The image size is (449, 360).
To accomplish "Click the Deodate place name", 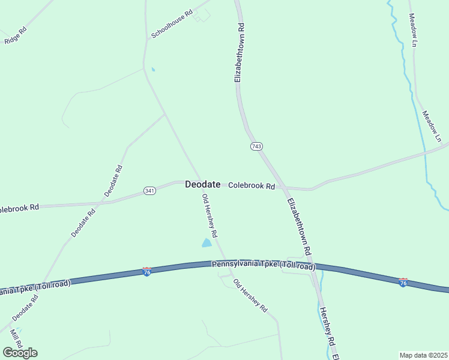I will pyautogui.click(x=203, y=185).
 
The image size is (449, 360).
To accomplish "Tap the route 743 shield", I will pyautogui.click(x=256, y=146).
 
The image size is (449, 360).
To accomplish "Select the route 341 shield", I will pyautogui.click(x=150, y=191).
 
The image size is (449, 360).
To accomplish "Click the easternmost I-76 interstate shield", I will pyautogui.click(x=403, y=281).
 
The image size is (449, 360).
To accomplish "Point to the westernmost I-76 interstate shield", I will pyautogui.click(x=146, y=272).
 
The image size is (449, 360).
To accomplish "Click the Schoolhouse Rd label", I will pyautogui.click(x=172, y=24).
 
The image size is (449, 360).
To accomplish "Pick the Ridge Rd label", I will pyautogui.click(x=16, y=35).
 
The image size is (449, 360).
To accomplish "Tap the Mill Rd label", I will pyautogui.click(x=16, y=337).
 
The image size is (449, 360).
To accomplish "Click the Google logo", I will pyautogui.click(x=20, y=352).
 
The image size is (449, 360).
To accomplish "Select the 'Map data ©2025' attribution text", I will pyautogui.click(x=423, y=355).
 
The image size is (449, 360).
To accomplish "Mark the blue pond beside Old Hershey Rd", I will pyautogui.click(x=206, y=242).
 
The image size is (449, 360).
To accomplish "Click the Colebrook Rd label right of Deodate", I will pyautogui.click(x=252, y=186).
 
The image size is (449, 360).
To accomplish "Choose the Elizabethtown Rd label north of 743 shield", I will pyautogui.click(x=239, y=53).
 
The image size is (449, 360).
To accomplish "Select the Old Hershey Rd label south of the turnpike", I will pyautogui.click(x=250, y=296).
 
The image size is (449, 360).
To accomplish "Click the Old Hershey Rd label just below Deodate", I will pyautogui.click(x=209, y=215).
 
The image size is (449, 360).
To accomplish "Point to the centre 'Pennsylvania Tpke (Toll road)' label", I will pyautogui.click(x=264, y=265).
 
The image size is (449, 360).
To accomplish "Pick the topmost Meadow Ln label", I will pyautogui.click(x=412, y=30).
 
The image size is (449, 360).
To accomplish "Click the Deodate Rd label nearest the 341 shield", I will pyautogui.click(x=114, y=181).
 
